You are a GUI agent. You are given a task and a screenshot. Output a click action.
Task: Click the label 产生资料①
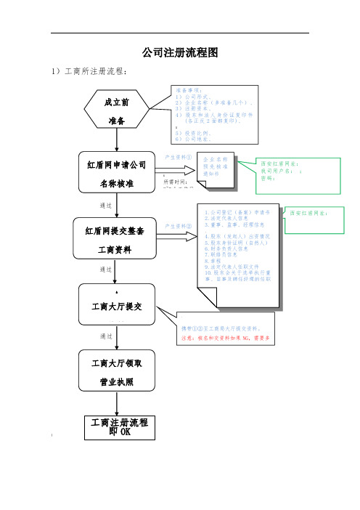click(x=179, y=155)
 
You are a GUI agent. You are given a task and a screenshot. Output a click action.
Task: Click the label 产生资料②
click(x=179, y=225)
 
